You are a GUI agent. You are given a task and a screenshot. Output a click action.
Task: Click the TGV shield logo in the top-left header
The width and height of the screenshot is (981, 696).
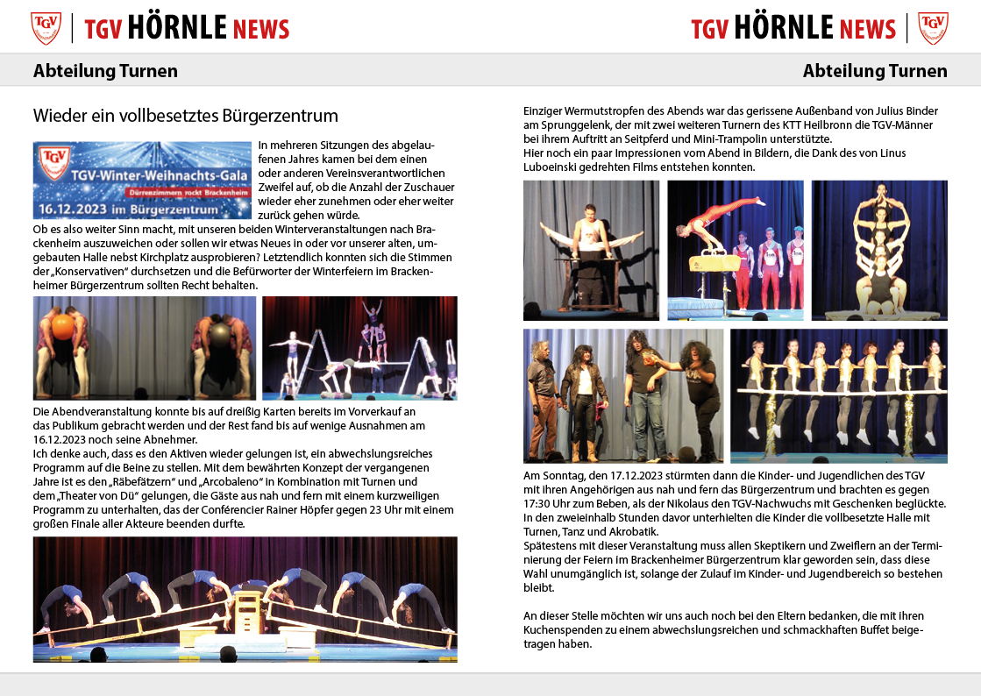pyautogui.click(x=46, y=28)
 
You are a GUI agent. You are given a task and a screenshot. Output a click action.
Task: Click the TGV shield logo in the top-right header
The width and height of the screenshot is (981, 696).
pyautogui.click(x=933, y=28)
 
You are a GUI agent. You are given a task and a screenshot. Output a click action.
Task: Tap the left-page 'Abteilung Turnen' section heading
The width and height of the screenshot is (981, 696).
pyautogui.click(x=105, y=71)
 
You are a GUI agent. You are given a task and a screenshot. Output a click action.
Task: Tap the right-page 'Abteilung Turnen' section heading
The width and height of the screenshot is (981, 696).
pyautogui.click(x=875, y=71)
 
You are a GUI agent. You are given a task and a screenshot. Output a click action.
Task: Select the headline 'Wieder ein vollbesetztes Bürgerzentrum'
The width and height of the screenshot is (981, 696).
pyautogui.click(x=185, y=116)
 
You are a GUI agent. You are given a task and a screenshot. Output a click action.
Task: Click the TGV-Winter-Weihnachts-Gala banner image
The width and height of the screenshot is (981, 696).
pyautogui.click(x=142, y=180)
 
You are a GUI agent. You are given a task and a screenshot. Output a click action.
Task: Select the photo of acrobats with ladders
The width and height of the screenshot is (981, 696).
pyautogui.click(x=359, y=348)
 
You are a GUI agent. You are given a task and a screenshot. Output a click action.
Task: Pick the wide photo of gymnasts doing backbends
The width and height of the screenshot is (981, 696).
pyautogui.click(x=245, y=599)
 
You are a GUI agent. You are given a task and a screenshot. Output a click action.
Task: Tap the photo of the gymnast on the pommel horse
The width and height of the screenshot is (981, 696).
pyautogui.click(x=735, y=250)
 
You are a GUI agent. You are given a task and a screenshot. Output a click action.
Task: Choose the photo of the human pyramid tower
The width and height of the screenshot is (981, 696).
pyautogui.click(x=879, y=250)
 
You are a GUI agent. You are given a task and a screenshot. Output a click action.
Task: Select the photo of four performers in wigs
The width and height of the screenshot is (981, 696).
pyautogui.click(x=623, y=395)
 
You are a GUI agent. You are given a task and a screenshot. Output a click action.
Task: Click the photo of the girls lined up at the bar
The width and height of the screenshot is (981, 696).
pyautogui.click(x=838, y=395)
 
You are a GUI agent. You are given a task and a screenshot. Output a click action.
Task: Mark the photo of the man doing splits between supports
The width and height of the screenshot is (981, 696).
pyautogui.click(x=591, y=250)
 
